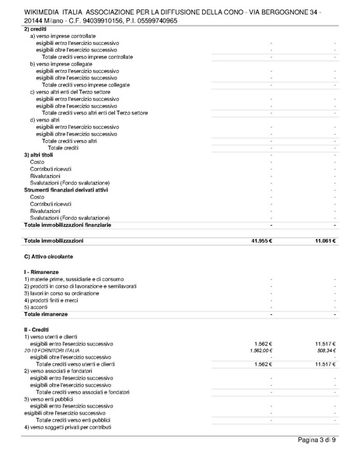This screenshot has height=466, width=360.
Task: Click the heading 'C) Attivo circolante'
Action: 49,256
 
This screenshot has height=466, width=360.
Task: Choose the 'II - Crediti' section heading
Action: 40,329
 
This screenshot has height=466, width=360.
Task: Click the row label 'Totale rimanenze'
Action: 46,314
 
